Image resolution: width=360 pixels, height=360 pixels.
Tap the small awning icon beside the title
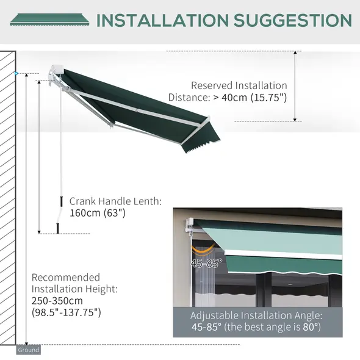click(x=49, y=20)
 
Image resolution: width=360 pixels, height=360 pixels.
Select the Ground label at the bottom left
click(x=28, y=350)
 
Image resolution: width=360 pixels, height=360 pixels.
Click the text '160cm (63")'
click(x=97, y=212)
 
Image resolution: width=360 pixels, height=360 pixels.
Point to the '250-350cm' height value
click(x=57, y=301)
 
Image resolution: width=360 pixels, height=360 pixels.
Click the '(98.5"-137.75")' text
click(x=66, y=312)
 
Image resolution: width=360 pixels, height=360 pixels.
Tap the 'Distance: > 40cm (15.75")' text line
click(x=228, y=97)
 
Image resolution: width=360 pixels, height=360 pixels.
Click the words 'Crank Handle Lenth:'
click(x=115, y=200)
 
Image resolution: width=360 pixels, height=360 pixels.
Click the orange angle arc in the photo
click(x=204, y=250)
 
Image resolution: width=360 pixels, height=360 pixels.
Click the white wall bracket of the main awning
click(x=56, y=73)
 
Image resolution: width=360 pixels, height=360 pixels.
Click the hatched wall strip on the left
click(x=8, y=195)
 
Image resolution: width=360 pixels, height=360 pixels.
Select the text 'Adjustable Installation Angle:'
click(x=256, y=315)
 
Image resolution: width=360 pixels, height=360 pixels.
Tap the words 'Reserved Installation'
click(x=239, y=85)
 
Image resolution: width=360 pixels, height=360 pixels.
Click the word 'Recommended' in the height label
click(x=65, y=277)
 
